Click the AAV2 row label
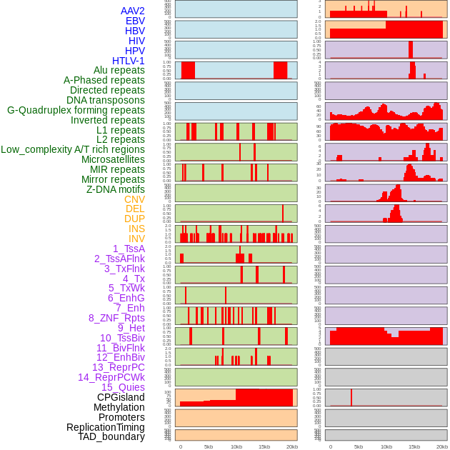[133, 11]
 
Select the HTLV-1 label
[129, 61]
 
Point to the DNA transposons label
[106, 100]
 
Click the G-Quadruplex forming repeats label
[76, 110]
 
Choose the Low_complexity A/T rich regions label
[73, 149]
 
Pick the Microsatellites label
[113, 159]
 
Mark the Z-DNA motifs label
[116, 189]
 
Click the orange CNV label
[134, 199]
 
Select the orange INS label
[136, 229]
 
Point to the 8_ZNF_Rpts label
[116, 318]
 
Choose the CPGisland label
[121, 397]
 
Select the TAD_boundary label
[111, 436]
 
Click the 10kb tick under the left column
[236, 446]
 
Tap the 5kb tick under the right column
[358, 446]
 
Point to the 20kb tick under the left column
[291, 446]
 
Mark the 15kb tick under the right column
[414, 446]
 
